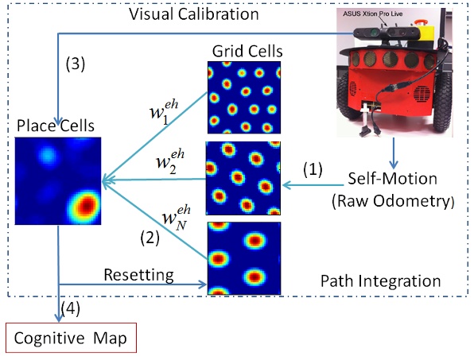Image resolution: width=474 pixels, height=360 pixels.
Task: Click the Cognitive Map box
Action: (71, 338)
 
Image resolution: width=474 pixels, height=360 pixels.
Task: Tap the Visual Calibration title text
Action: (194, 14)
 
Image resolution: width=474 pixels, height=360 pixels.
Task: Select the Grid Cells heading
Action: (247, 51)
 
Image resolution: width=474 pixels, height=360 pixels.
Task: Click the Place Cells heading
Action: (56, 126)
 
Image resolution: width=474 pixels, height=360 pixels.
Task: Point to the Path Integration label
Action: (380, 281)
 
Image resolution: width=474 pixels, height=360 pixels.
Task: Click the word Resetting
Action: (138, 275)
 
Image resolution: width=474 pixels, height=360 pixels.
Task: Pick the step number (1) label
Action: (313, 169)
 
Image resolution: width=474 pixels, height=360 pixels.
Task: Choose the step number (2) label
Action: (150, 238)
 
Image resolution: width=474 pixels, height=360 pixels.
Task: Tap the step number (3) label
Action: (76, 64)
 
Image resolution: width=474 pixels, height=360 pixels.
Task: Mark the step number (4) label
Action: (71, 308)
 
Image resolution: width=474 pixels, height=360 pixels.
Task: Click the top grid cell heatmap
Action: (244, 98)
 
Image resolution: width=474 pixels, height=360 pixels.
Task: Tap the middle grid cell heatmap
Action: (243, 178)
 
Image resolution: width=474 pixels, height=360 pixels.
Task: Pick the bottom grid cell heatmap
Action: (244, 258)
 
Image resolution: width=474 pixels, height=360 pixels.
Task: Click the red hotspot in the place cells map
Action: (87, 206)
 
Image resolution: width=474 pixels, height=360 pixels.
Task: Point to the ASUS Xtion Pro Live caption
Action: (372, 14)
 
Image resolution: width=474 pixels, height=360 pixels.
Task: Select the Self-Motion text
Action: (392, 179)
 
